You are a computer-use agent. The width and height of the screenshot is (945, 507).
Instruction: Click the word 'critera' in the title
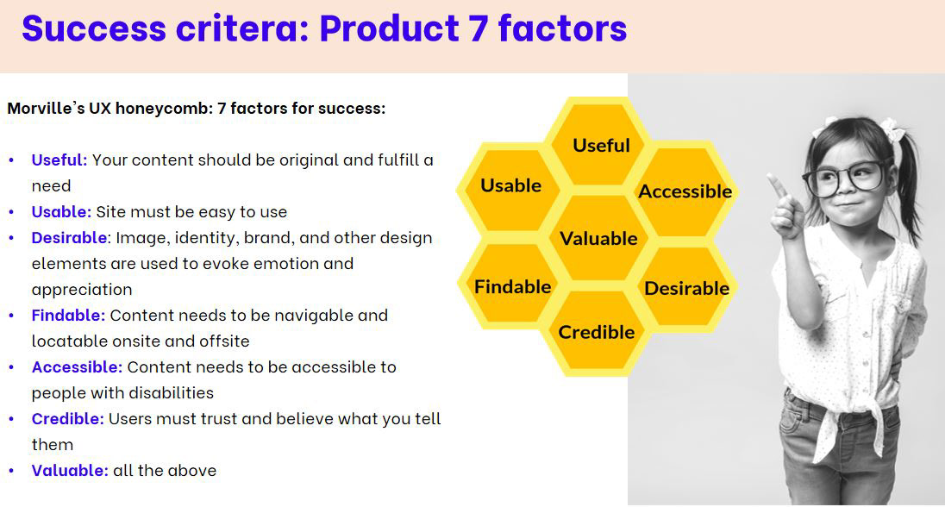[242, 29]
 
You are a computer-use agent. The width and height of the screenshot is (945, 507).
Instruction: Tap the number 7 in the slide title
[478, 29]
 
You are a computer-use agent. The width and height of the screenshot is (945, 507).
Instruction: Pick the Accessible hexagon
[685, 191]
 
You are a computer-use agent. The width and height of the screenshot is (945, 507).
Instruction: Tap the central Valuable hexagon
[598, 238]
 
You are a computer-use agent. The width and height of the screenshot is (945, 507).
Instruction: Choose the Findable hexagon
[512, 286]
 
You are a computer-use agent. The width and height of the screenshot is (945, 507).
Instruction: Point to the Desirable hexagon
[686, 288]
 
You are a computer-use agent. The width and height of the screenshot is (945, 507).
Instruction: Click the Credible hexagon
[596, 332]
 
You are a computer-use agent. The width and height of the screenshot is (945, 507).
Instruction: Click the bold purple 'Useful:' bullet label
[59, 160]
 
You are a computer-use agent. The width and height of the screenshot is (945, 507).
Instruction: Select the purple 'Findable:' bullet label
[68, 316]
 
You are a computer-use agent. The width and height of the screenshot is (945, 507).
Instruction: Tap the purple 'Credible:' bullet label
[67, 418]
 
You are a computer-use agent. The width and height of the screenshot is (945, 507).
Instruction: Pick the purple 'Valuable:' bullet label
[69, 470]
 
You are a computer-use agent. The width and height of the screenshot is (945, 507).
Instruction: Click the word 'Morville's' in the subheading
[46, 109]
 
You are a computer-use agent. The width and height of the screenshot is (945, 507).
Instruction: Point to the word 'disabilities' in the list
[174, 393]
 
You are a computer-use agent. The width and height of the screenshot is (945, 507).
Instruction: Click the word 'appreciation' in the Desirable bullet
[82, 290]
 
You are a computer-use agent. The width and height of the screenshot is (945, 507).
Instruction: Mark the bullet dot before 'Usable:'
[11, 212]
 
